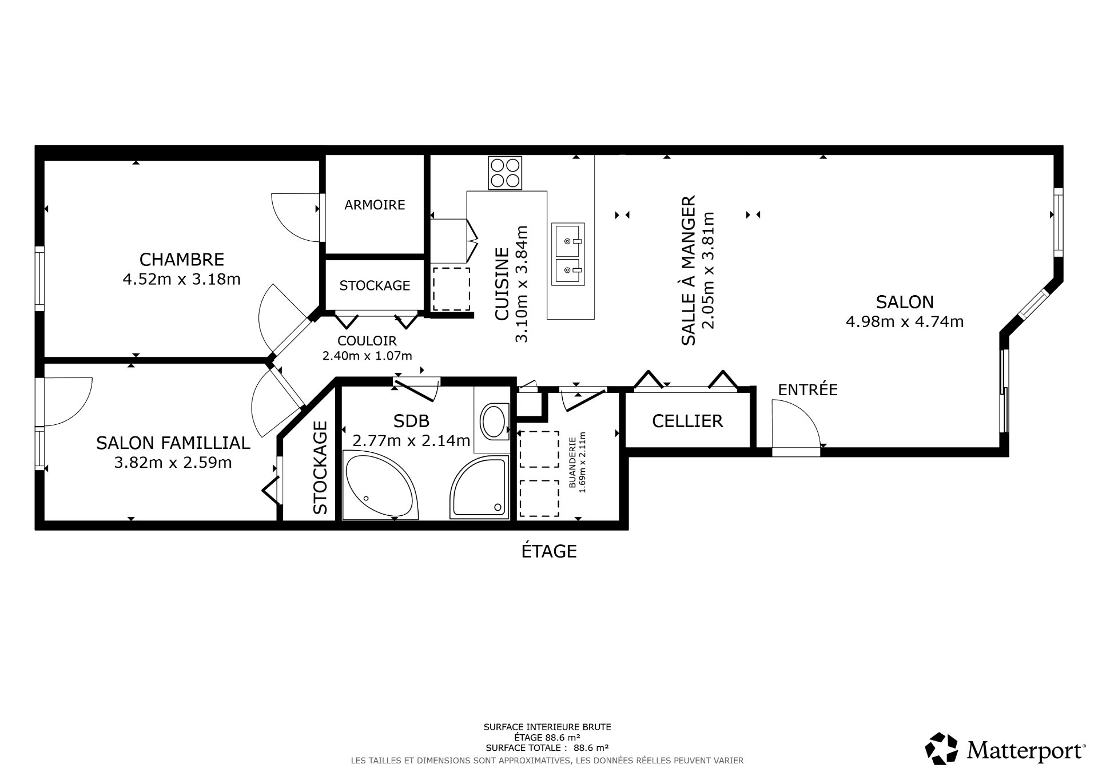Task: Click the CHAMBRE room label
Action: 181,259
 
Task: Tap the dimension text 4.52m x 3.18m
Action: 181,279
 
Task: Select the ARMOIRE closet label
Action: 375,205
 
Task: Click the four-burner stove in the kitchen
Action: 505,173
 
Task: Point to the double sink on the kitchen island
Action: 568,254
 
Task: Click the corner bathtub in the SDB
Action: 380,485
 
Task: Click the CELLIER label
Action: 687,421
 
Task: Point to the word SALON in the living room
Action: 904,301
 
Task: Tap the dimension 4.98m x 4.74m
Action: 904,321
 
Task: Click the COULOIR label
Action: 367,341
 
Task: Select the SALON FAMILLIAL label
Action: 173,443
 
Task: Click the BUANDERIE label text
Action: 571,463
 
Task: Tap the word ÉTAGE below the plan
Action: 548,551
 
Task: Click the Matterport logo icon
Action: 941,748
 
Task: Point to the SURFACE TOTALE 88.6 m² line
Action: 547,747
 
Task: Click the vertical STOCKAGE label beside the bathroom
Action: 320,467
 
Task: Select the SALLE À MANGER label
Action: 689,270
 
